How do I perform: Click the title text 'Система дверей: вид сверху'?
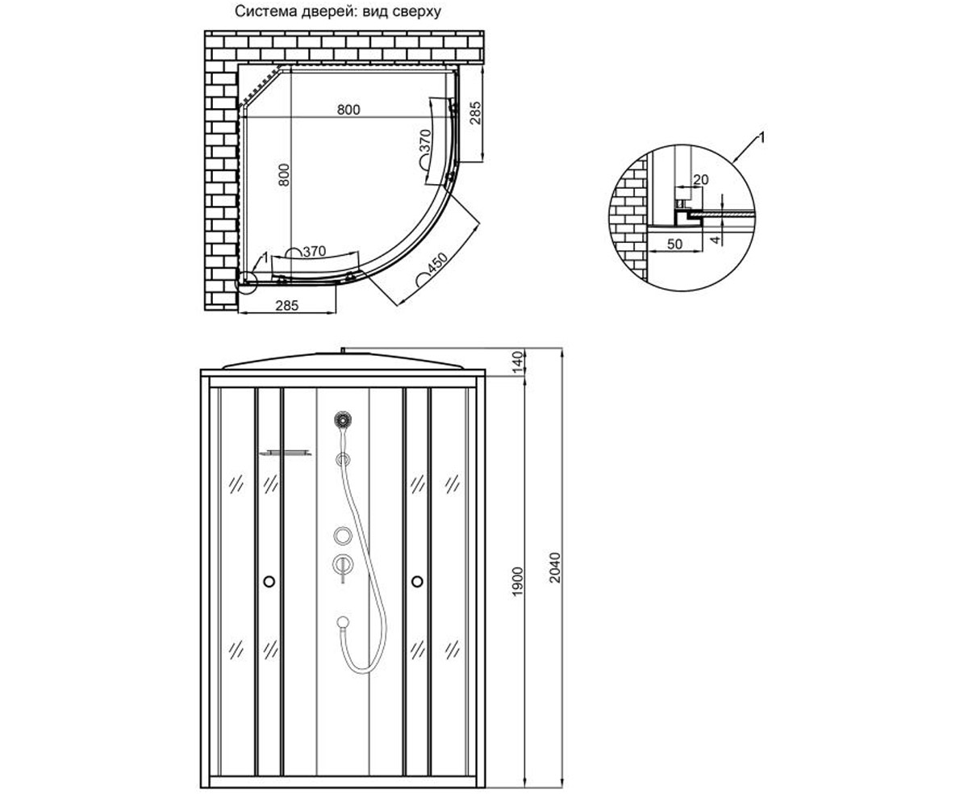point(337,11)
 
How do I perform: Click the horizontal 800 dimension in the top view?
point(348,110)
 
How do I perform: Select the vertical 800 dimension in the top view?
point(284,175)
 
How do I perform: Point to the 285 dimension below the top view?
point(287,306)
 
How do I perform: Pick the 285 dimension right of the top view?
point(476,113)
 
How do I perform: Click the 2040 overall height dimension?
point(555,567)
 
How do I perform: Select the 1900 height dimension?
point(517,582)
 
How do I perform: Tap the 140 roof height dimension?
point(517,362)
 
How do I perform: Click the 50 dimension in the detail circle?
point(674,244)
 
